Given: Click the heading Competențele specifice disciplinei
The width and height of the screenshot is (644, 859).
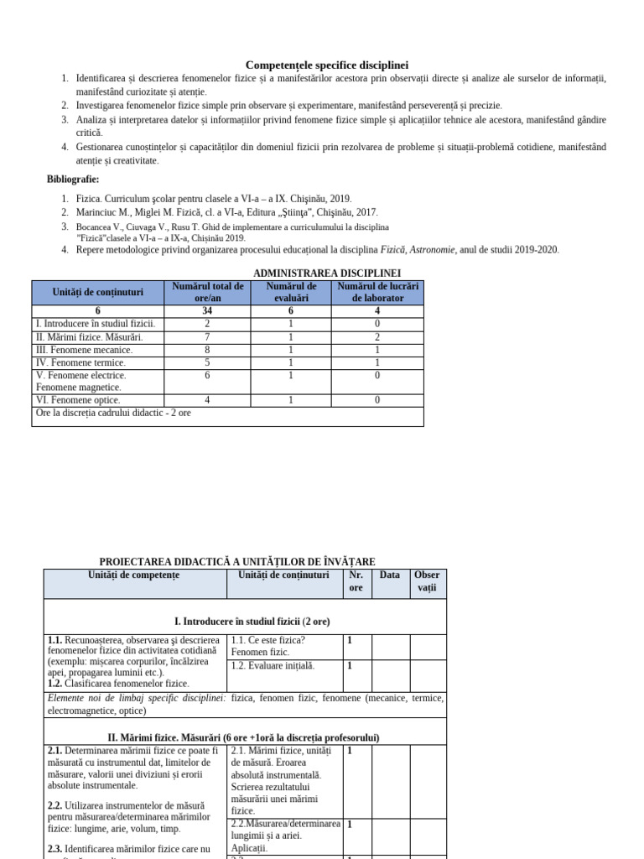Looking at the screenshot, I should pos(327,65).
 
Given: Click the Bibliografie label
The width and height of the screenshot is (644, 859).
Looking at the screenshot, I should pos(73,179).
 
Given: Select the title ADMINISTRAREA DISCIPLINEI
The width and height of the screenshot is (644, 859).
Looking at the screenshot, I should pos(327,273).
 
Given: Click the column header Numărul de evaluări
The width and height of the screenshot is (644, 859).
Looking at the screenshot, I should pos(291,292).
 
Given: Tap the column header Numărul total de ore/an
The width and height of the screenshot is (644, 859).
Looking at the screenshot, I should pos(208,292).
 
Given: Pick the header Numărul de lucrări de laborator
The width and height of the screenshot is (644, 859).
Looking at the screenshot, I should pos(377,292).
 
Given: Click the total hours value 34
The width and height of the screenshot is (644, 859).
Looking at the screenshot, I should pos(207,311).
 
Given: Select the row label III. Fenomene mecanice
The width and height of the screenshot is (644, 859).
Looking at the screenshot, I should pos(84,350).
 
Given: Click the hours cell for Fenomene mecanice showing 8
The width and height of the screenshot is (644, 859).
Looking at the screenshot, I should pos(207,350).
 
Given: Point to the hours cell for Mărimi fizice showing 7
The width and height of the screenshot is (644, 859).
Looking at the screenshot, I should pos(207,337).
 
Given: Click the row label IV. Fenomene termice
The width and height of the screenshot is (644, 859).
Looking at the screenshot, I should pos(80,362).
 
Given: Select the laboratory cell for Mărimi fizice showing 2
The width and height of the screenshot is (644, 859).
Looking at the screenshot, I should pos(377,337).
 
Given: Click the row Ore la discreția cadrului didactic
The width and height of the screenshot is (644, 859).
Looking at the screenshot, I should pos(113,414).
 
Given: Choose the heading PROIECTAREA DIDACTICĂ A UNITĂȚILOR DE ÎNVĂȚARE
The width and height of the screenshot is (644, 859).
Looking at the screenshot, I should pos(237,561).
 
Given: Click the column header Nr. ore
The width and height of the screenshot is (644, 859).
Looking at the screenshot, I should pos(356,581).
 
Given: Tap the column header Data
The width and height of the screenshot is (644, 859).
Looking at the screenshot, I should pos(390,575).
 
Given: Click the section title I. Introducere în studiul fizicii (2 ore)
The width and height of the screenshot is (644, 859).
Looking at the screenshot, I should pos(252,622).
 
